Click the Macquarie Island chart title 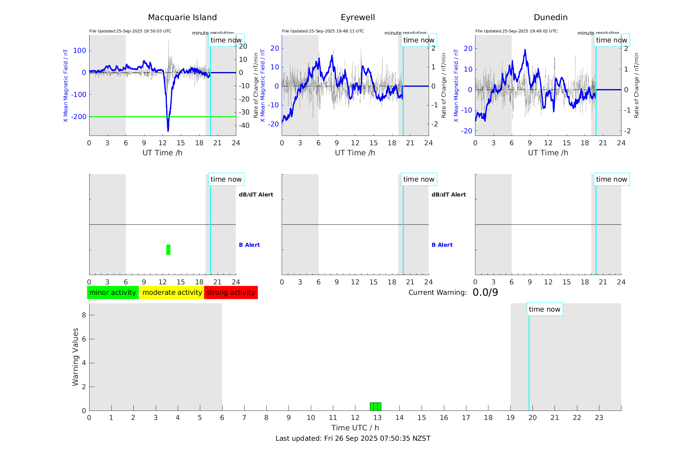[x=182, y=18]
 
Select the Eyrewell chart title [x=358, y=18]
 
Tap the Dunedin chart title [x=550, y=18]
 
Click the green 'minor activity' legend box [x=113, y=293]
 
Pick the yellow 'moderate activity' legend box [x=172, y=293]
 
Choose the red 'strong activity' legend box [x=231, y=293]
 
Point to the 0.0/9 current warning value [x=485, y=293]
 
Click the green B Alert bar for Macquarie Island [x=168, y=250]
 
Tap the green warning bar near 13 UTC [x=375, y=407]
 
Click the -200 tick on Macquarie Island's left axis [x=79, y=117]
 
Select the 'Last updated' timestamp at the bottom [x=353, y=438]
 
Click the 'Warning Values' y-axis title [x=75, y=357]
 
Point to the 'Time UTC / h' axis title [x=355, y=428]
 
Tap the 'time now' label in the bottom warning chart [x=545, y=309]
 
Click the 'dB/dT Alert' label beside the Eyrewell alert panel [x=448, y=195]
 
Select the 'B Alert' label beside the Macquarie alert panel [x=249, y=245]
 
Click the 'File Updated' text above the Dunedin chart [x=516, y=31]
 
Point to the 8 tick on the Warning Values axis [x=84, y=315]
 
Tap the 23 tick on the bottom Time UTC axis [x=599, y=418]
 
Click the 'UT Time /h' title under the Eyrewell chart [x=355, y=153]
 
